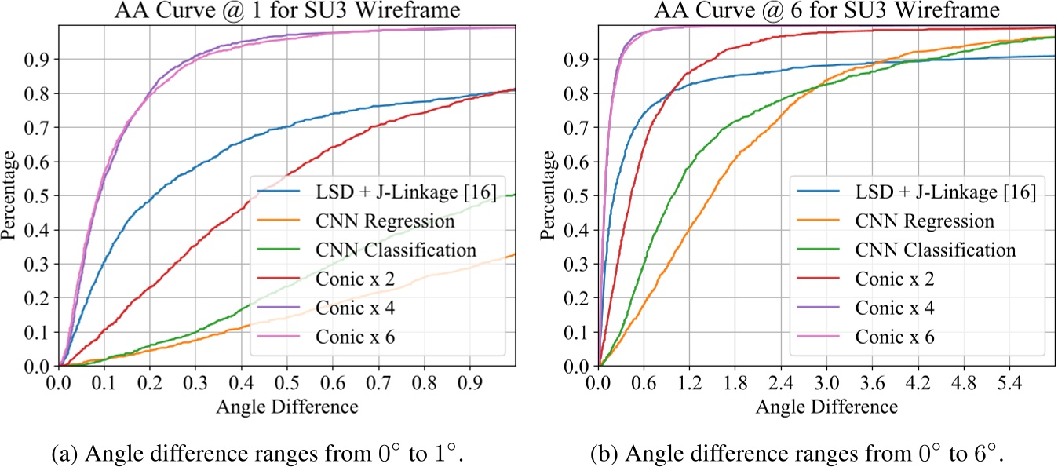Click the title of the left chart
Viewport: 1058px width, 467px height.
286,11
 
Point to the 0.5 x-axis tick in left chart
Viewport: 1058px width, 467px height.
286,385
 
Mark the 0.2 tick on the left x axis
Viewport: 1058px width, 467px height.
150,385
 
